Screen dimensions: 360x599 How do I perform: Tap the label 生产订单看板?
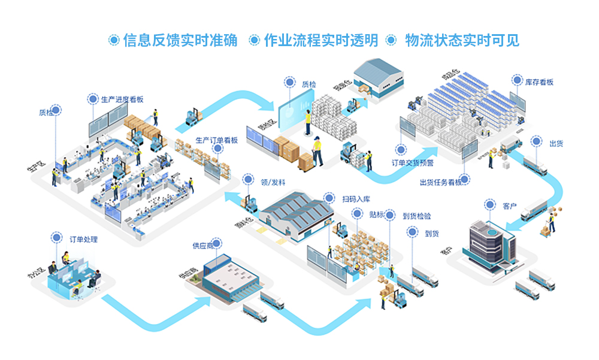pyautogui.click(x=216, y=141)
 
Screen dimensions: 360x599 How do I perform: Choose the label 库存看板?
pyautogui.click(x=539, y=82)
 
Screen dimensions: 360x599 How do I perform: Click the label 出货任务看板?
pyautogui.click(x=440, y=183)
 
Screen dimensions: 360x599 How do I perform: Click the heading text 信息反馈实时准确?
pyautogui.click(x=180, y=40)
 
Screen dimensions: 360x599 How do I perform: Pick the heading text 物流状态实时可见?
pyautogui.click(x=461, y=40)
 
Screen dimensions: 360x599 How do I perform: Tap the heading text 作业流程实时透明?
pyautogui.click(x=321, y=40)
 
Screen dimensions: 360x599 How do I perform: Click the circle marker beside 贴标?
pyautogui.click(x=390, y=214)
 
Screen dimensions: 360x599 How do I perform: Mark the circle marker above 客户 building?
pyautogui.click(x=491, y=205)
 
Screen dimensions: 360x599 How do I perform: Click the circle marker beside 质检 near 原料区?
pyautogui.click(x=290, y=82)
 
